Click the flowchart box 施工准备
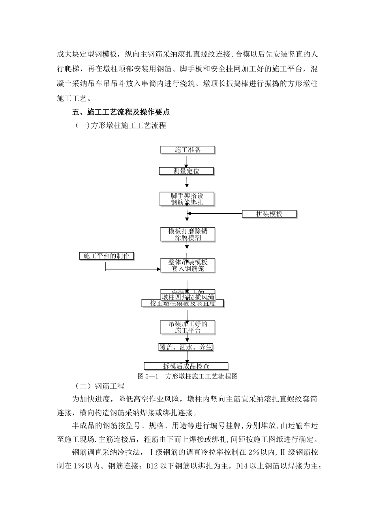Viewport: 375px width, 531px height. pyautogui.click(x=187, y=150)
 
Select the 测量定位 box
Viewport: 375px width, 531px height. pyautogui.click(x=186, y=171)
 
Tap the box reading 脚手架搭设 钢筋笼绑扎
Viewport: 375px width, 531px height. pyautogui.click(x=187, y=199)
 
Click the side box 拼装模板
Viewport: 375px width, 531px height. pyautogui.click(x=269, y=214)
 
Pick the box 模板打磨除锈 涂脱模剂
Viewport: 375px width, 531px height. pyautogui.click(x=188, y=234)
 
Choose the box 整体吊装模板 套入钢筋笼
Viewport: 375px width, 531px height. pyautogui.click(x=188, y=265)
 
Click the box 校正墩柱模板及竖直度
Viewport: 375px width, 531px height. pyautogui.click(x=183, y=303)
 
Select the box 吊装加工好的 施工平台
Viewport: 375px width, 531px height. pyautogui.click(x=188, y=327)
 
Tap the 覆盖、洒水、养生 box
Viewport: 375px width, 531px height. pyautogui.click(x=186, y=347)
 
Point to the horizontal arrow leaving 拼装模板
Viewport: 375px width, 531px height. pyautogui.click(x=215, y=214)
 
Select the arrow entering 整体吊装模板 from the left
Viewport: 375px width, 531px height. pyautogui.click(x=132, y=270)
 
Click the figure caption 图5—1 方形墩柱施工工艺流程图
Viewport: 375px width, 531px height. pyautogui.click(x=187, y=376)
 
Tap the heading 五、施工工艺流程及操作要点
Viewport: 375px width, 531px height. pyautogui.click(x=121, y=112)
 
